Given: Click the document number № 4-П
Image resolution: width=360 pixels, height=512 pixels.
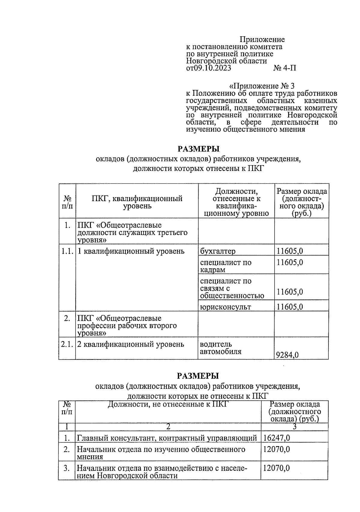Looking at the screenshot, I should tap(284, 68).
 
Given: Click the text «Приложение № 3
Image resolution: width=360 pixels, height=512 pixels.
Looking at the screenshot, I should tap(262, 86).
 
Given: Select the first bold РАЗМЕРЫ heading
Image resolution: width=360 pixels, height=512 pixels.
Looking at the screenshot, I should tap(198, 149).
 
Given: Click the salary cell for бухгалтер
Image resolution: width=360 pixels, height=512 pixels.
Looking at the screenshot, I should tap(289, 251).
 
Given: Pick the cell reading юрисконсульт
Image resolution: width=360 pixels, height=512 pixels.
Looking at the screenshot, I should tap(225, 307).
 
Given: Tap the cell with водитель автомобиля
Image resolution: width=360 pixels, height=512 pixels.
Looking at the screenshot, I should tap(220, 348).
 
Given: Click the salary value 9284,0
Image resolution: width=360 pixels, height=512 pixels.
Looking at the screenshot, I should tap(287, 355).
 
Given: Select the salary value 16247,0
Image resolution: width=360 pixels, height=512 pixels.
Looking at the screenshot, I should tap(276, 438).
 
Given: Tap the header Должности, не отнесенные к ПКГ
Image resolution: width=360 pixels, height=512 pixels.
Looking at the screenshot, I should tap(168, 405).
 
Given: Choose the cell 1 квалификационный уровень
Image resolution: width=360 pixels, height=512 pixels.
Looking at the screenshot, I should tap(131, 251).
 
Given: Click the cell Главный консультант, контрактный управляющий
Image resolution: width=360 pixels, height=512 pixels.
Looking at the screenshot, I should tap(167, 438).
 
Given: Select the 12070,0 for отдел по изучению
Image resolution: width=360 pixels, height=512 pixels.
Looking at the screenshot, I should tap(276, 449).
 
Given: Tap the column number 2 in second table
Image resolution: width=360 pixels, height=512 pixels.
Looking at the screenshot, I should tap(168, 427).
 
